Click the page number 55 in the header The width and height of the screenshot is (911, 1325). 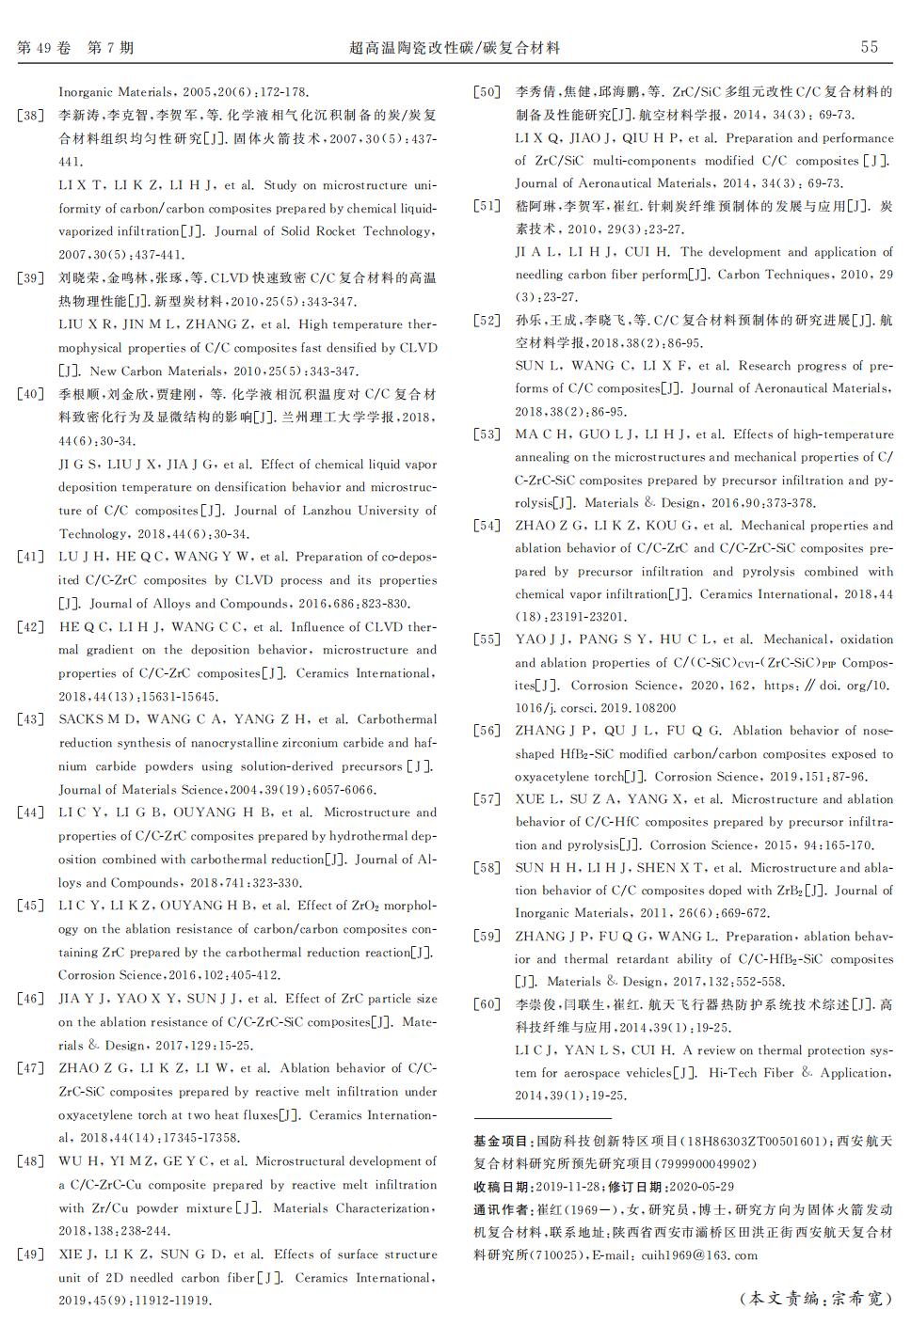869,47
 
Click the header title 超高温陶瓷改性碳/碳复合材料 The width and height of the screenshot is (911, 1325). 455,47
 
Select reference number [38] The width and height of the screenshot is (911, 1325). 31,116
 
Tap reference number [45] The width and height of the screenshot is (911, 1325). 31,906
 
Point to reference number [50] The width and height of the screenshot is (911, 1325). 487,92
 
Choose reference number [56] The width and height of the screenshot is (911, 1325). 487,731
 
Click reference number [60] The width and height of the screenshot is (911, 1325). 487,1004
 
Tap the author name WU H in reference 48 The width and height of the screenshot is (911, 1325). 73,1161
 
